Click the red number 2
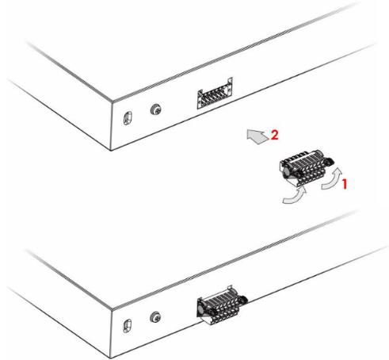click(x=275, y=135)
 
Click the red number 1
click(x=345, y=184)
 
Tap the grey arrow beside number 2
click(x=257, y=136)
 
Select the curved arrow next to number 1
click(x=332, y=180)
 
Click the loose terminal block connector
click(x=306, y=167)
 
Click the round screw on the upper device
click(x=156, y=109)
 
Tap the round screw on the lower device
click(x=155, y=316)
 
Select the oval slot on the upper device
click(x=128, y=118)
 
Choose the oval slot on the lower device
click(x=128, y=326)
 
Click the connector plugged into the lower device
click(x=222, y=305)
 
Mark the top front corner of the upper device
click(x=112, y=101)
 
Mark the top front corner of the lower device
click(x=112, y=309)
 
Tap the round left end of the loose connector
click(x=286, y=171)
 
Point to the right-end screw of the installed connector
click(x=243, y=299)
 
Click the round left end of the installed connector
click(x=202, y=308)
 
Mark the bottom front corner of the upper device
click(x=111, y=151)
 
